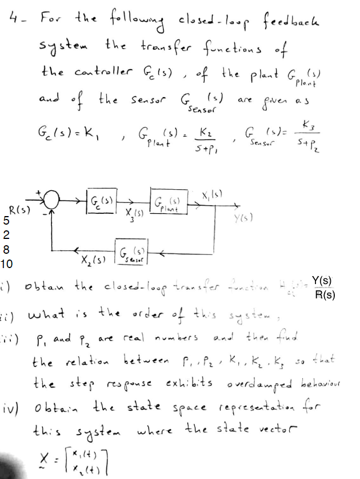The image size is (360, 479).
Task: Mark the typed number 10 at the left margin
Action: point(7,264)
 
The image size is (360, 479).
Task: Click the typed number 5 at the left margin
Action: point(6,221)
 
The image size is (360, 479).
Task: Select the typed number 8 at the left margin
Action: point(6,249)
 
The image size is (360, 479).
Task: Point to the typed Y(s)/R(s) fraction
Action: point(324,288)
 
